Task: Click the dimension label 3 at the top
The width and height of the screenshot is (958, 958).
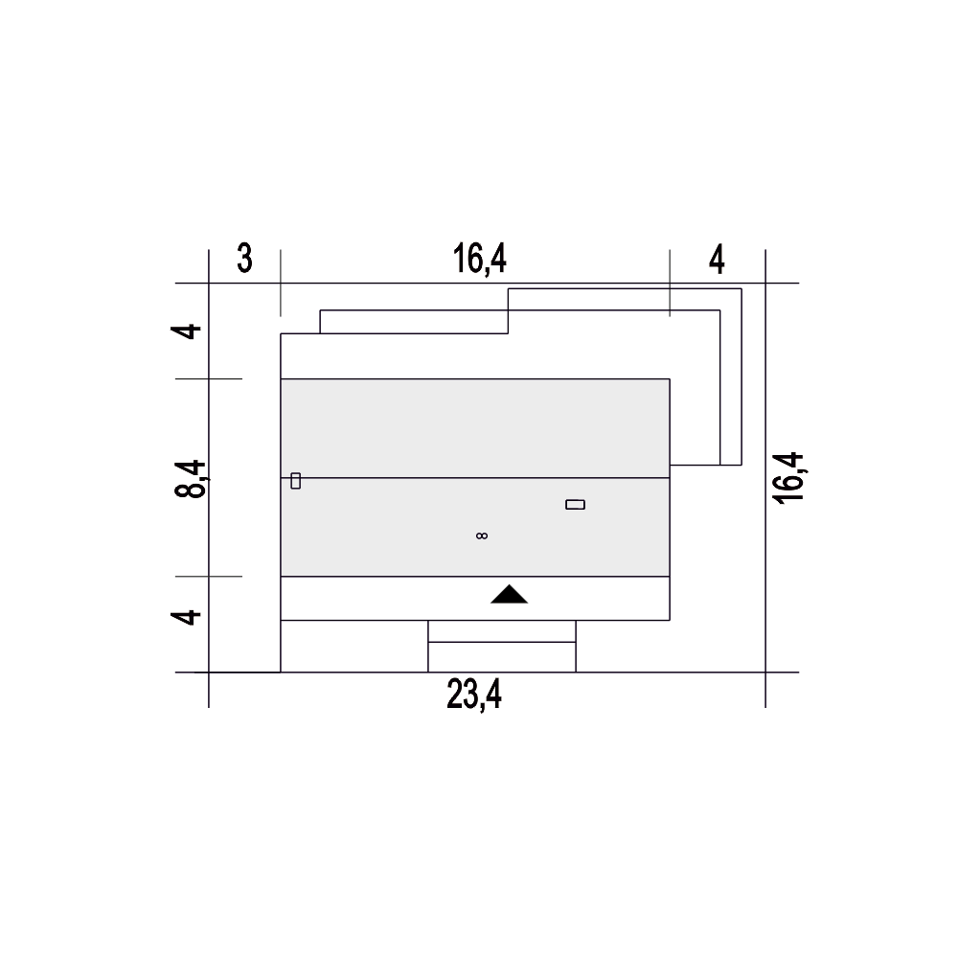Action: point(244,259)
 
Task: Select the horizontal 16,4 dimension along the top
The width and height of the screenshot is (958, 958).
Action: point(480,259)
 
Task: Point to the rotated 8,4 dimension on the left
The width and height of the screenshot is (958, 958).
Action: point(191,479)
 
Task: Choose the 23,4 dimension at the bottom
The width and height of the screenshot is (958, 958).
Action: point(474,695)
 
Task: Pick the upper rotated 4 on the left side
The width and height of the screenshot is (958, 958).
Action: point(186,331)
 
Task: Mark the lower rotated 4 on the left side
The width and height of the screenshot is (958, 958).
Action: point(186,616)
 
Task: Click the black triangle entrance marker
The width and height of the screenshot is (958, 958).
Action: point(509,595)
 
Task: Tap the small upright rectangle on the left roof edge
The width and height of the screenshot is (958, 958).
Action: point(296,481)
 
